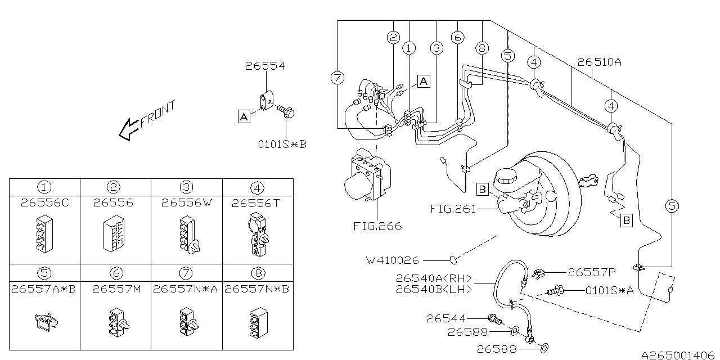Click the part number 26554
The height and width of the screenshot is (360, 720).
coord(265,66)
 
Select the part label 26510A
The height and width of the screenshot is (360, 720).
coord(599,62)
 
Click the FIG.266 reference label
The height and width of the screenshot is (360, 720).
coord(377,227)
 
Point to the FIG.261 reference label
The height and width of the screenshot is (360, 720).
coord(453,209)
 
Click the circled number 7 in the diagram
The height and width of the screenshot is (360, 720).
coord(337,79)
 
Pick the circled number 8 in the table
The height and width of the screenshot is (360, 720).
coord(258,273)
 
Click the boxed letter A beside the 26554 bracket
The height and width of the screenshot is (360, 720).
coord(244,116)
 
